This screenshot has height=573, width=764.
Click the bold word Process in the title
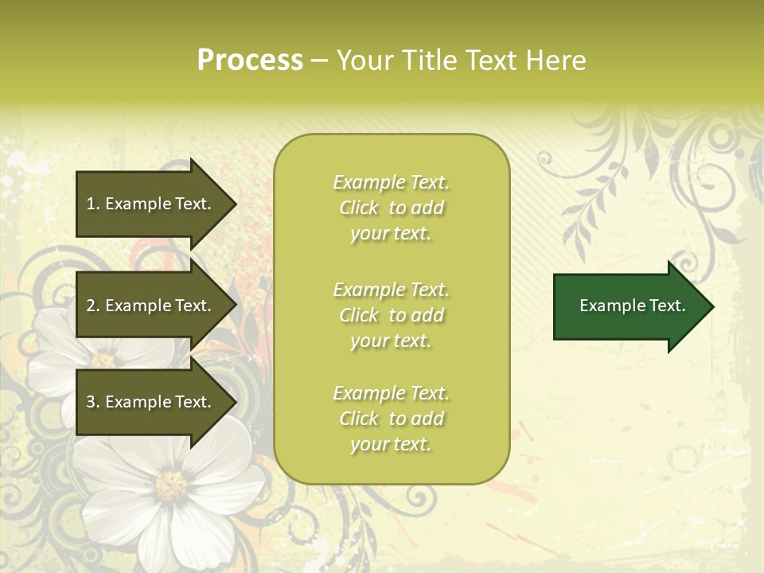[x=250, y=60]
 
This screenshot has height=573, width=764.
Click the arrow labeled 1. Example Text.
[x=151, y=204]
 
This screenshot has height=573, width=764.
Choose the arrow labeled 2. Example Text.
[x=151, y=306]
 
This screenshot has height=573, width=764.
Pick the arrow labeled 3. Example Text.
[x=151, y=402]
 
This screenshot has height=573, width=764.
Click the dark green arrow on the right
[x=629, y=306]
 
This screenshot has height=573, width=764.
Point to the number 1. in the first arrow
[x=93, y=204]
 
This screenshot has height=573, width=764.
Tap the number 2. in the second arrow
[x=93, y=306]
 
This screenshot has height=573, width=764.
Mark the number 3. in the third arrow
[x=93, y=402]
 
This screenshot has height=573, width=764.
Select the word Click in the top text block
[x=359, y=209]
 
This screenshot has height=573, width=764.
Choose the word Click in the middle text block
[x=359, y=316]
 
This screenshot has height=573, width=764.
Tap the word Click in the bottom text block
[x=359, y=419]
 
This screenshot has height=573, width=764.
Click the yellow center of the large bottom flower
[x=170, y=485]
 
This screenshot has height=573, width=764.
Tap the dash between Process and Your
[x=319, y=60]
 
